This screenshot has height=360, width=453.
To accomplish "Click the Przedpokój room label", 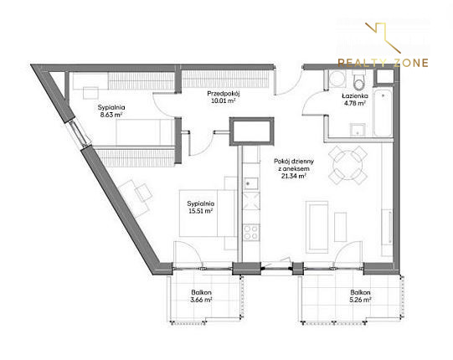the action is tap(224, 94).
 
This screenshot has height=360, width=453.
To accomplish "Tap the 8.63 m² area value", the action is tap(111, 115).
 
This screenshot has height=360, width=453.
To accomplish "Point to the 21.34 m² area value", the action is tap(294, 176).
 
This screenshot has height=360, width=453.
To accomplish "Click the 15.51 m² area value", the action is tap(201, 211).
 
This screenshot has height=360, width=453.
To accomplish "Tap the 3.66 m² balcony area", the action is tap(201, 300).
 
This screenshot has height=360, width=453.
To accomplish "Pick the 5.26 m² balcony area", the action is tap(360, 300).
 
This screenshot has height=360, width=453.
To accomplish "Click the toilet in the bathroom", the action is tap(359, 81).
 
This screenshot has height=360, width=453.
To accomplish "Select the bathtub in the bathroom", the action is tap(384, 113).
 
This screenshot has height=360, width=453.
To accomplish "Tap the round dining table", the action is tap(347, 165).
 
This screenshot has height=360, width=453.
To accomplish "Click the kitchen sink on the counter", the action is tap(251, 183).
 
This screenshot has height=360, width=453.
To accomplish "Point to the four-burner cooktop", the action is tap(250, 232).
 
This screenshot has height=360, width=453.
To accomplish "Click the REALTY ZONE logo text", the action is tap(384, 63).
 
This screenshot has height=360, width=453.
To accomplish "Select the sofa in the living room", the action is tap(317, 227).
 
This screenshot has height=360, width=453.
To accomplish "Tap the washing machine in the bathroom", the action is tap(337, 78).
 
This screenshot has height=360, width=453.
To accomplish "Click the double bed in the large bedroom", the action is tap(208, 213).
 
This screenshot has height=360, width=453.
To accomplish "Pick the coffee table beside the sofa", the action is tap(340, 227).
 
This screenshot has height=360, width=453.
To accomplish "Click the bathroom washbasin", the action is tap(358, 130).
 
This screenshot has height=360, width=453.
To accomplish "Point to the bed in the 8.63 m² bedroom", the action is tap(145, 132).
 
